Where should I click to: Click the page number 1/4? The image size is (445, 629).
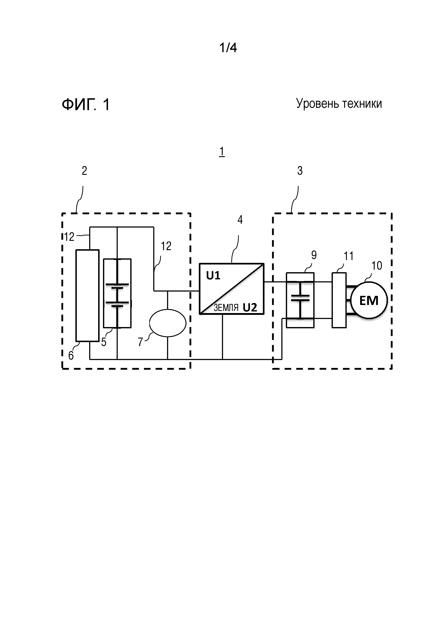[228, 48]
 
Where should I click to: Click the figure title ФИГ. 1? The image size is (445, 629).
[86, 105]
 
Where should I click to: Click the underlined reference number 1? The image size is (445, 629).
[222, 152]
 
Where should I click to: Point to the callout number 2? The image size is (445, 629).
[85, 171]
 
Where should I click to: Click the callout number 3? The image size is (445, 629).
[300, 171]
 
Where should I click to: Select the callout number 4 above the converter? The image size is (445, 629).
[240, 220]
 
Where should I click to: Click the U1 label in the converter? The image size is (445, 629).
[213, 276]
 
